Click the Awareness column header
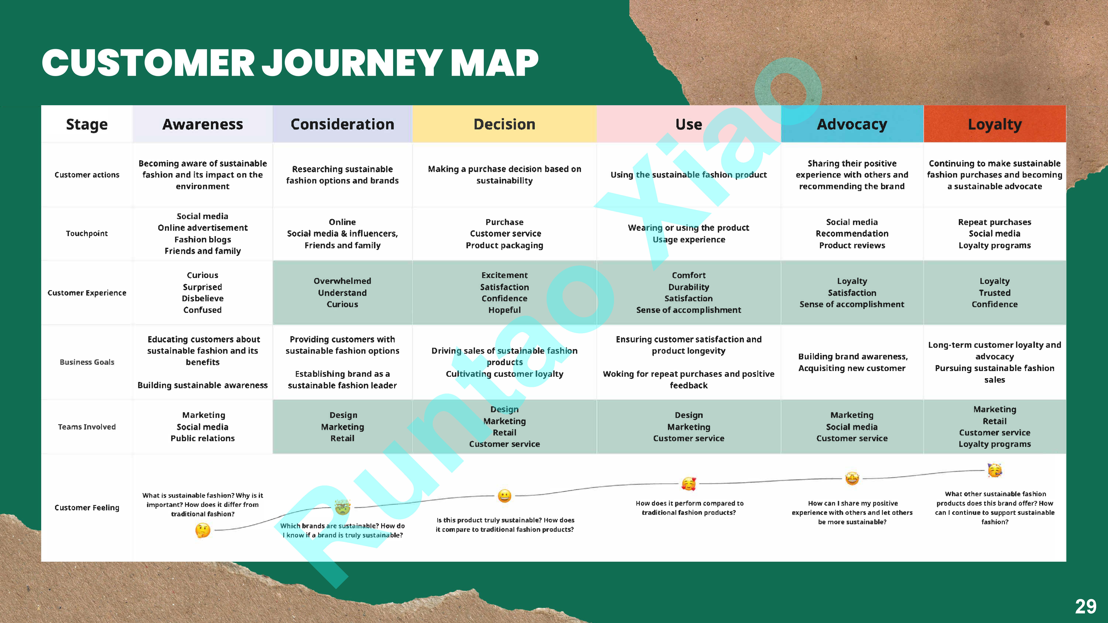click(x=203, y=124)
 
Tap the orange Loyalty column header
click(x=994, y=124)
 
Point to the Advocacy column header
click(x=852, y=124)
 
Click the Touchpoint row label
click(x=87, y=234)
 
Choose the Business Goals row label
click(x=87, y=362)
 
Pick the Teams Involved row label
click(x=87, y=427)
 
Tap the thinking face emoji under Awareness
click(x=203, y=530)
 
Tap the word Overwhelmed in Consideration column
click(x=342, y=281)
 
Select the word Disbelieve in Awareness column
click(x=203, y=298)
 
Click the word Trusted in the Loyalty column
click(x=994, y=293)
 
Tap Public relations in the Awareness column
click(x=203, y=438)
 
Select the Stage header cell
click(x=87, y=124)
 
